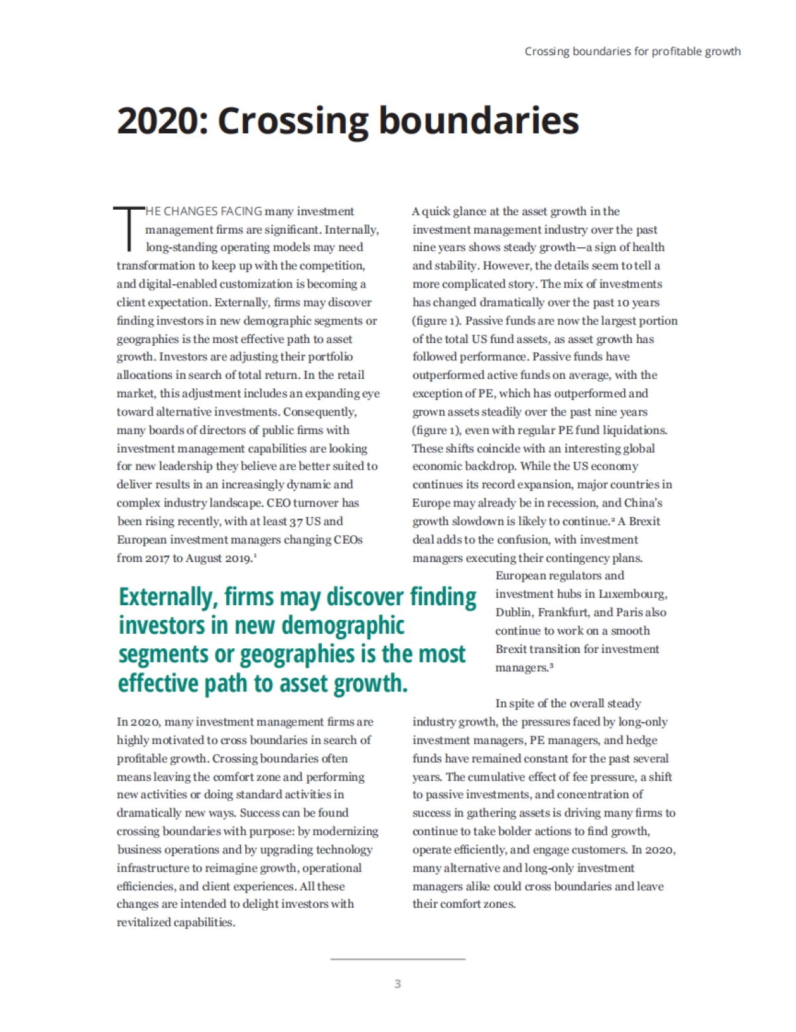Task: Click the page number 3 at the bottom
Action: tap(397, 984)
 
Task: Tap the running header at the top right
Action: tap(632, 51)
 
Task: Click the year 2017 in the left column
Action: tap(156, 558)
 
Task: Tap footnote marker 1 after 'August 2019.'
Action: tap(255, 556)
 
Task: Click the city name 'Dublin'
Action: tap(513, 613)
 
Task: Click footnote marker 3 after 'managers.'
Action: tap(551, 666)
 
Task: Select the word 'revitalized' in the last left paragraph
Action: tap(143, 922)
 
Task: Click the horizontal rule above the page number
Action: tap(397, 959)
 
